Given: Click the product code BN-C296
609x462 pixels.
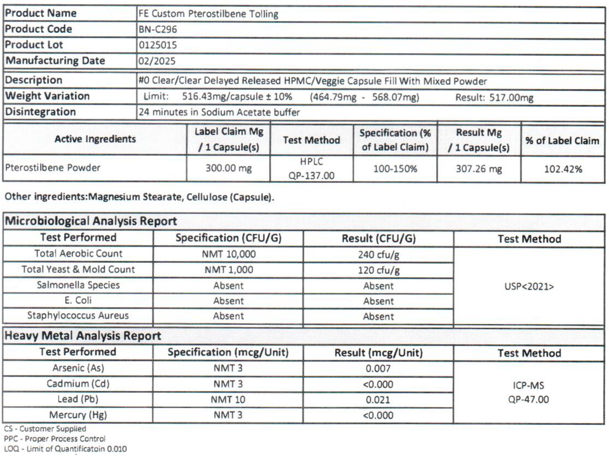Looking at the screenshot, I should pos(158,29).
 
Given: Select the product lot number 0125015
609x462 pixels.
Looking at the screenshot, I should pos(158,45).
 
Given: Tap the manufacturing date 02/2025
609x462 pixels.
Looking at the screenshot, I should pos(157,61).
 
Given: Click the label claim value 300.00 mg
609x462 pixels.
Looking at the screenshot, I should pos(228,168).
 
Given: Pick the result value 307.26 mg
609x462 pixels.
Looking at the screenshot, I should pos(479,169).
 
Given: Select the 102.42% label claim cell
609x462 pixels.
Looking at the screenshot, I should pos(563,169).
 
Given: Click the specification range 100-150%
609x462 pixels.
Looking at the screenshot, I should pos(395,169).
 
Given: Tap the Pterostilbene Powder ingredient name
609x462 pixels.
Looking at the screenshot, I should pos(53,168).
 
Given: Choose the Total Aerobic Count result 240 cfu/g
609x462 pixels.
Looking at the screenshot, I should pos(378,254).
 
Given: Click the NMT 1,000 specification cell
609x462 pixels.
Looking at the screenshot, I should pos(228,270).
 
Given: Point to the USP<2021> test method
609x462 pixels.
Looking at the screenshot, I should pos(529,287).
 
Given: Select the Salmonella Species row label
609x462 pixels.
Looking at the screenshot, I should pos(78,285).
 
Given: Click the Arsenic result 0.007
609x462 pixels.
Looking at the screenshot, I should pos(378,369).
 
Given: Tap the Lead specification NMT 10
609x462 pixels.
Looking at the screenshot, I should pos(228,400).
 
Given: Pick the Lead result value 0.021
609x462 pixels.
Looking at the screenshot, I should pos(378,400).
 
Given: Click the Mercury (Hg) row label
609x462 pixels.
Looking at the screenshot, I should pos(78,415).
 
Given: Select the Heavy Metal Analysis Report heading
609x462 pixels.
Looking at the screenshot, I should pos(83,336).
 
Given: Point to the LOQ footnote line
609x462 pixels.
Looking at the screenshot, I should pos(65,449).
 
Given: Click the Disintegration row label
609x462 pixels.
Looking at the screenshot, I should pos(40,112).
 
